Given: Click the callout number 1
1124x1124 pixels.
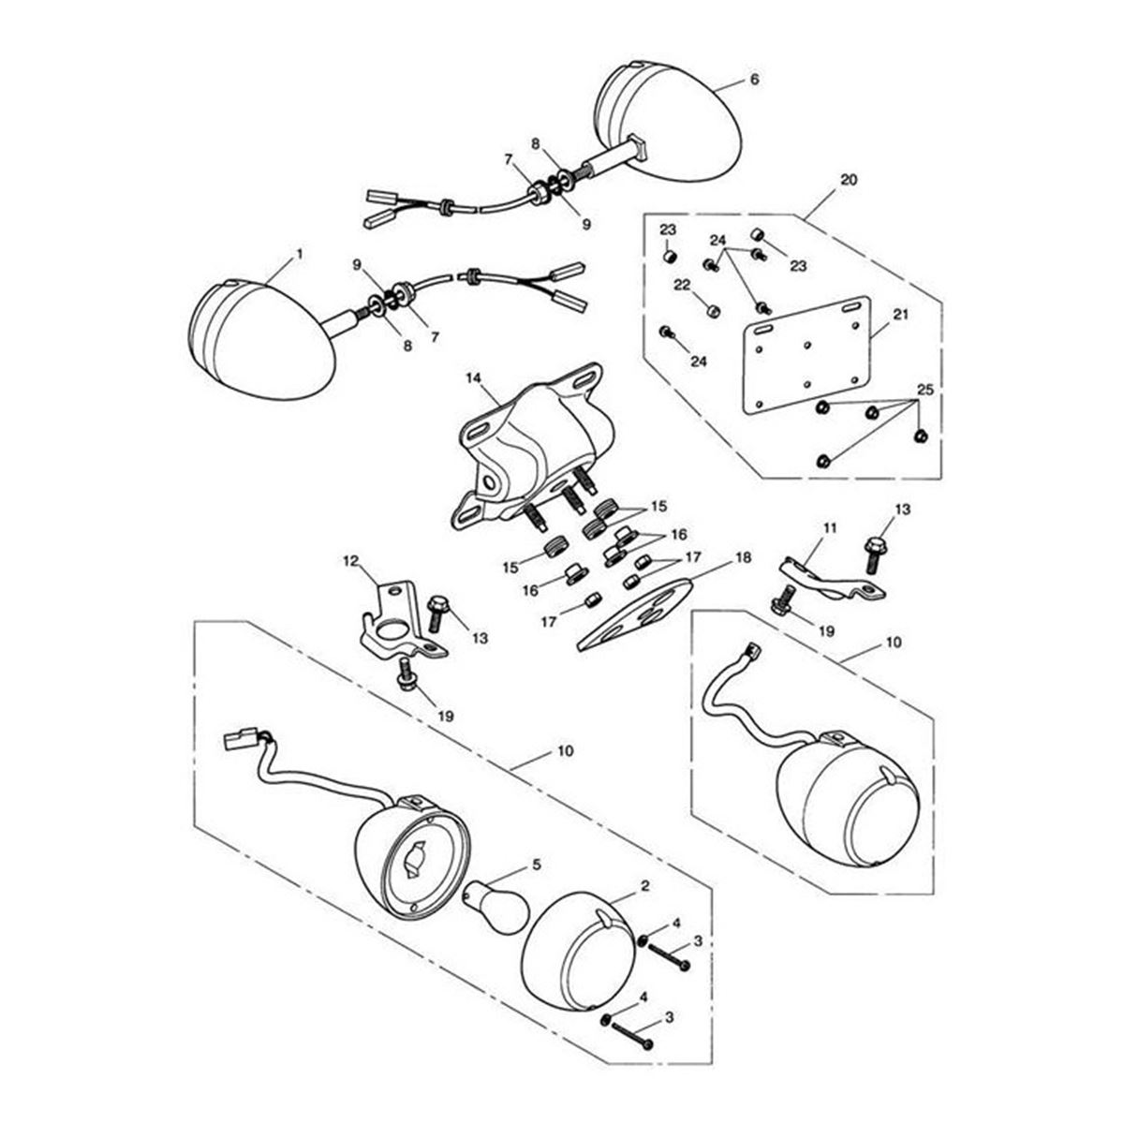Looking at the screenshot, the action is point(299,255).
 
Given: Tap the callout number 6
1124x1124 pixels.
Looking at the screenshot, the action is point(755,80).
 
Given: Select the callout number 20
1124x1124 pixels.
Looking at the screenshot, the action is point(849,180).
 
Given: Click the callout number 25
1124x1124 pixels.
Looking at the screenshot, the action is point(925,390).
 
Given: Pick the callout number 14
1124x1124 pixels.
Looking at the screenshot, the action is point(473,378).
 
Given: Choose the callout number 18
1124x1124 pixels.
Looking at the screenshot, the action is point(743,557).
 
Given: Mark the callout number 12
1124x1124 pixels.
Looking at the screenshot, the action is point(350,561).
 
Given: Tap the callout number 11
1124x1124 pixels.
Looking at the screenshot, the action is point(830,528).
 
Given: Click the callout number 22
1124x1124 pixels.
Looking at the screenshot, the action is point(682,285).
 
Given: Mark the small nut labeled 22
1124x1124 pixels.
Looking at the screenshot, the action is point(712,310).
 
